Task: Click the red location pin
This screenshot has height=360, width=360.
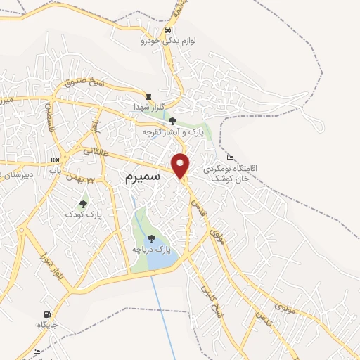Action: [x=181, y=166]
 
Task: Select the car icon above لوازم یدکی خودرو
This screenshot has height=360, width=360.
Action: [x=167, y=31]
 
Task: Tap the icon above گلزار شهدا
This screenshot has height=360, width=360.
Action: [x=148, y=96]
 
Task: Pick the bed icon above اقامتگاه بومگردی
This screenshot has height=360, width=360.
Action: [x=231, y=157]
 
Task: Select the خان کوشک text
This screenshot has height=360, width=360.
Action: [x=233, y=179]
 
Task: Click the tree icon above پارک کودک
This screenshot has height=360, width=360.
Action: [x=83, y=203]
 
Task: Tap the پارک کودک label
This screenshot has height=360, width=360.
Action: [x=81, y=213]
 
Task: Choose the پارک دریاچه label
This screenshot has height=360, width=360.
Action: [x=151, y=250]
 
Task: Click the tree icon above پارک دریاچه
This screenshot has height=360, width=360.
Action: [x=151, y=238]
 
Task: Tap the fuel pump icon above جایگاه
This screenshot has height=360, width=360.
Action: [x=46, y=314]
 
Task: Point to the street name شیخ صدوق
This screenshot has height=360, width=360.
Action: [x=84, y=83]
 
